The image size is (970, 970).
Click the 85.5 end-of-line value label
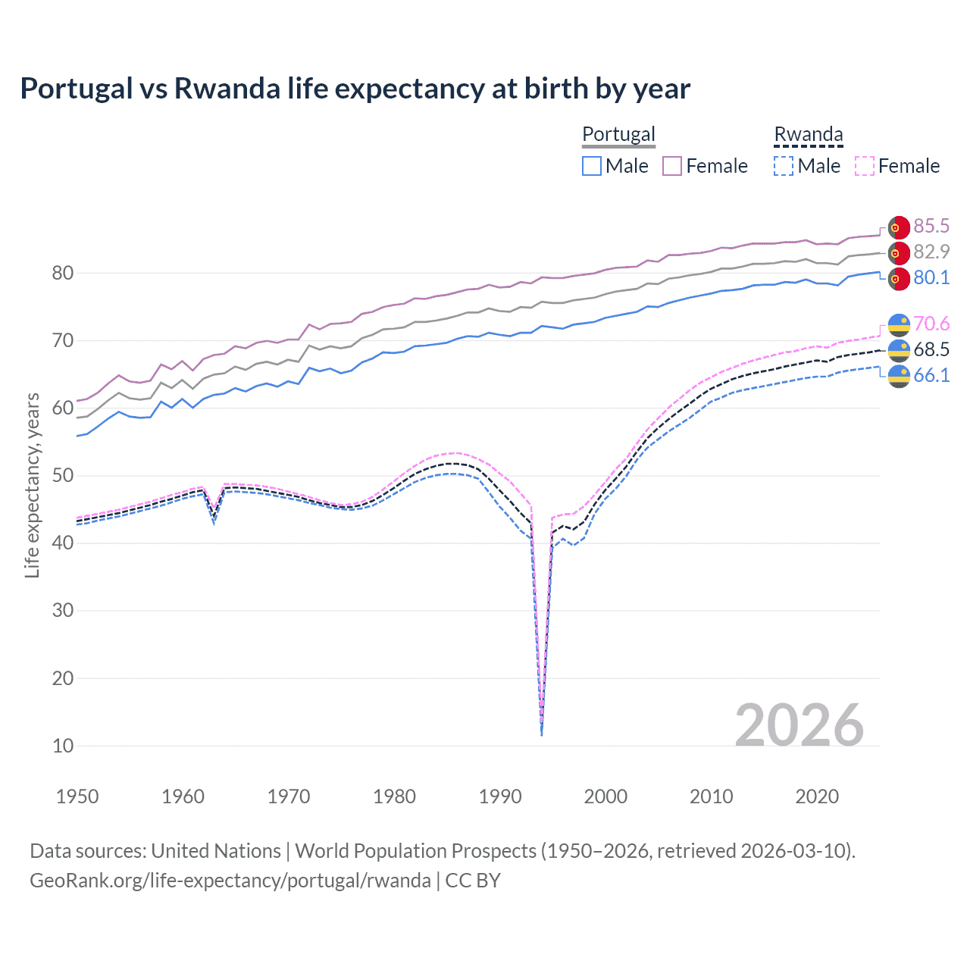(931, 226)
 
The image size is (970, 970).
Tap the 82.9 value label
(931, 252)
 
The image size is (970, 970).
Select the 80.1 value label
(931, 277)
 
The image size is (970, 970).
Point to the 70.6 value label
(931, 324)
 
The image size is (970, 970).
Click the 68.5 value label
(931, 349)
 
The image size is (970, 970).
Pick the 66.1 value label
(931, 375)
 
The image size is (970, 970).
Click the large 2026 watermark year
(799, 725)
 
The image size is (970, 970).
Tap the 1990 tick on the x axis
(500, 796)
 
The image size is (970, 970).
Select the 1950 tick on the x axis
(77, 796)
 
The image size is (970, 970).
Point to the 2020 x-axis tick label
(817, 796)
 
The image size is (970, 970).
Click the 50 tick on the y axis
(63, 476)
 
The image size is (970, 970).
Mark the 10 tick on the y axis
(63, 746)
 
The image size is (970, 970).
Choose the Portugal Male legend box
(592, 166)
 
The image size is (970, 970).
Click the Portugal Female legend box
(672, 166)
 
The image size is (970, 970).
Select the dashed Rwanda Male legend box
(784, 166)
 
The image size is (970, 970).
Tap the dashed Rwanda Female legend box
(864, 166)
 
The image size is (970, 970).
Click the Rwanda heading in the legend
(808, 134)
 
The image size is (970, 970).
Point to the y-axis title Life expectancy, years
(32, 485)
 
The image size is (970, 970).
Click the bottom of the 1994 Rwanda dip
(541, 734)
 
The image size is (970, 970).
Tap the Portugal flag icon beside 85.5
(899, 227)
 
